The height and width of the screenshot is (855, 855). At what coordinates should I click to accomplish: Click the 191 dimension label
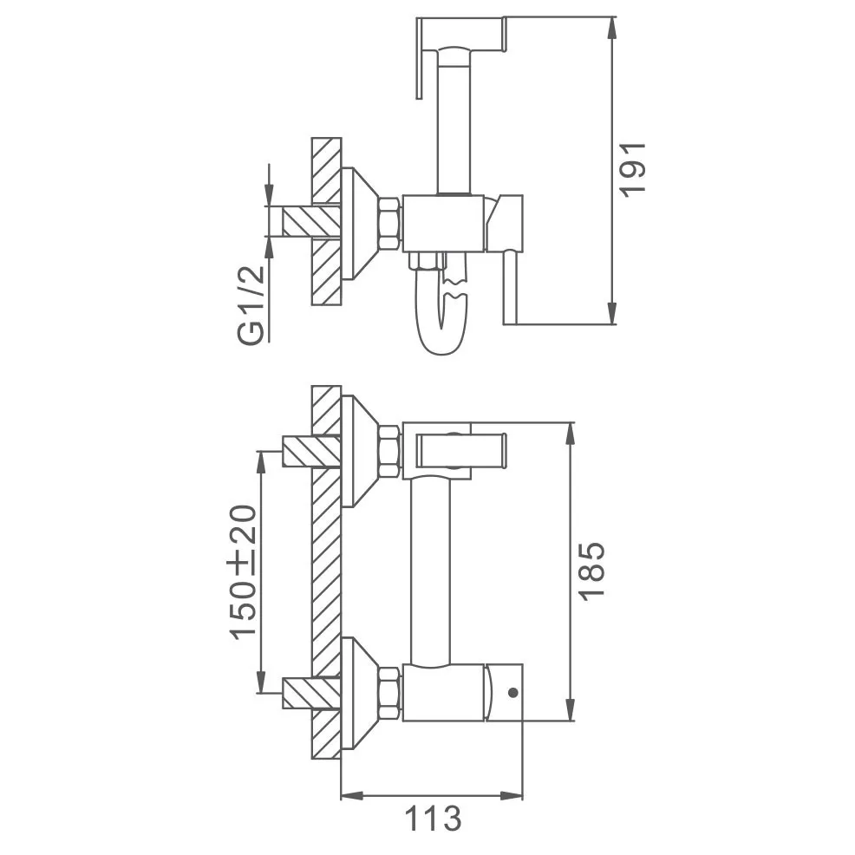[x=633, y=170]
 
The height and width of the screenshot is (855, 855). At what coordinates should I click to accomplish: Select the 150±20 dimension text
[x=243, y=572]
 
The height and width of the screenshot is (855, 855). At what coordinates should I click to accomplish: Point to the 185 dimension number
[x=592, y=571]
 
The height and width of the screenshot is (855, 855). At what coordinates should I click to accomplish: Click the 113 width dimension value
[x=433, y=819]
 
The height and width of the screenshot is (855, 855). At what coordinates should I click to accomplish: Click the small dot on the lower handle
[x=512, y=693]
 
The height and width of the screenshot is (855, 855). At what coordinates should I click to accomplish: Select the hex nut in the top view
[x=391, y=224]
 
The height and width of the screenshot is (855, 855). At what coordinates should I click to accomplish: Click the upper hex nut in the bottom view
[x=390, y=452]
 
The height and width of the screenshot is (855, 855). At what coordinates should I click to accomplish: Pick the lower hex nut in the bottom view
[x=390, y=693]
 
